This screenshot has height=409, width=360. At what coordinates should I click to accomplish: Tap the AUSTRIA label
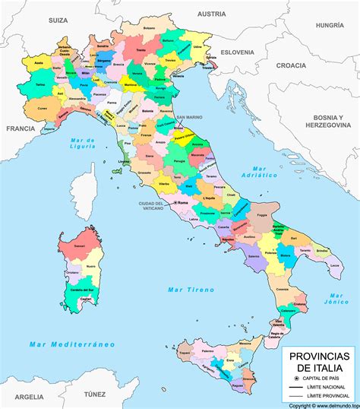pos(212,14)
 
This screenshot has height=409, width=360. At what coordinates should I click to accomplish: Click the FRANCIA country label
pos(21,129)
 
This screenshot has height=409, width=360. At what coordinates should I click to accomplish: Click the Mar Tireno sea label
pos(191,290)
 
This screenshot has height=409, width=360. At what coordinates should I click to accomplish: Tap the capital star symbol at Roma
pos(174,204)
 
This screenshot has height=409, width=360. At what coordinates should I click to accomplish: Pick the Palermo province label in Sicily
pos(207,352)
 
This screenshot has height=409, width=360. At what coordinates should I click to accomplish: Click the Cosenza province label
pos(282,289)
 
